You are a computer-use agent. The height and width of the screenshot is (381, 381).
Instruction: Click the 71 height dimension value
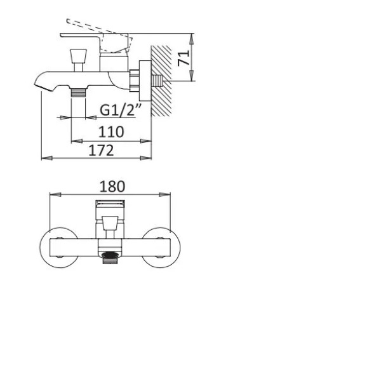coord(184,58)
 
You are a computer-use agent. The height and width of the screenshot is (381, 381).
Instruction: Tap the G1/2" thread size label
coord(121,110)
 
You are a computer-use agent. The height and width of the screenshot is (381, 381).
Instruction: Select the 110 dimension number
coord(111,132)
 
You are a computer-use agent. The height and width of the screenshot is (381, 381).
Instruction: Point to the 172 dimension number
coord(101,150)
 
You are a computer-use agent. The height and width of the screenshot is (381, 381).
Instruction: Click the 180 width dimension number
coord(112,187)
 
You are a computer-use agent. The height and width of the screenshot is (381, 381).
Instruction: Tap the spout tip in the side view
coord(43,87)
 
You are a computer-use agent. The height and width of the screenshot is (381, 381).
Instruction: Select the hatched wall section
coord(161,81)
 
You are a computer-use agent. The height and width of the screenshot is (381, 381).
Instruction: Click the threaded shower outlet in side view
coord(78,92)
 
